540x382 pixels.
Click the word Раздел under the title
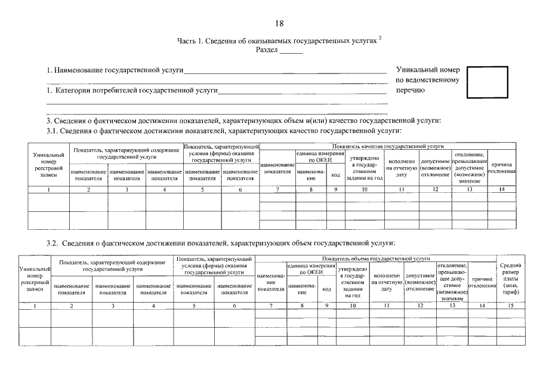pos(267,50)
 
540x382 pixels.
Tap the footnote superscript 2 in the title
pos(380,37)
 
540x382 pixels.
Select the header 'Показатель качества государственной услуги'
pos(388,146)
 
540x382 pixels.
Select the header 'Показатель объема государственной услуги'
pos(376,258)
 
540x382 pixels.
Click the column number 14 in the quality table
pos(502,189)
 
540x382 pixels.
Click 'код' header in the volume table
pos(326,289)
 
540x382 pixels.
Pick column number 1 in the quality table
pos(48,189)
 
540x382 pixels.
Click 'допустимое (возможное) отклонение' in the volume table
pos(420,282)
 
